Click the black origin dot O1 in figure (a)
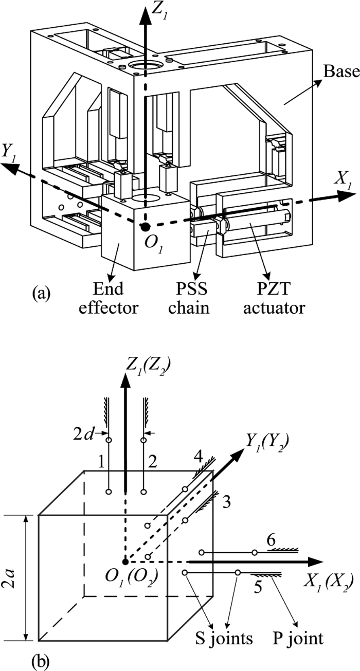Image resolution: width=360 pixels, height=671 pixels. click(146, 226)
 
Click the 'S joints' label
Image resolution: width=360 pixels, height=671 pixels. click(233, 639)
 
